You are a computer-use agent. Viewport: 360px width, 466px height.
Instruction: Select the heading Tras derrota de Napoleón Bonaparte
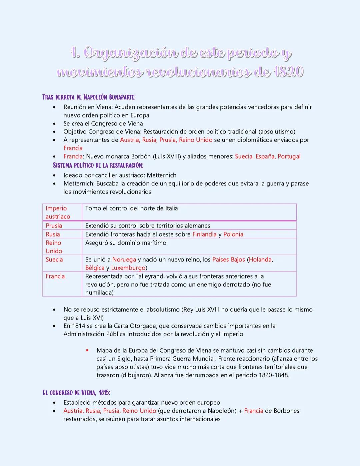pos(89,97)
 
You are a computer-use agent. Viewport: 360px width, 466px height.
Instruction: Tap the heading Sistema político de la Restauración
pos(98,165)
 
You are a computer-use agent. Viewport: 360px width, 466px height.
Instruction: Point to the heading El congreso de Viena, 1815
pos(76,393)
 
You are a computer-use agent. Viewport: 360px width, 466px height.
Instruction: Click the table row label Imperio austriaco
pos(58,212)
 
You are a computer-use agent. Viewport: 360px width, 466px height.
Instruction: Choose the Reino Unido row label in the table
pos(54,247)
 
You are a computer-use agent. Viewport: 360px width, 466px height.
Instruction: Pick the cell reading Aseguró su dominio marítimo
pos(126,243)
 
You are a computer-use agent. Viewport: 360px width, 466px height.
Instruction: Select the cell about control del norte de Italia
pos(131,208)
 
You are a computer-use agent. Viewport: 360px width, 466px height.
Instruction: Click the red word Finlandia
pos(204,234)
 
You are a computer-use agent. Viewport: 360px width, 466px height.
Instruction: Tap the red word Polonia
pos(233,234)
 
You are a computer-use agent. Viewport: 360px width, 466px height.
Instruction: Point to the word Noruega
pos(124,260)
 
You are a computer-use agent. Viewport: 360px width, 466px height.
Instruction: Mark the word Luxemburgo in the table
pos(128,268)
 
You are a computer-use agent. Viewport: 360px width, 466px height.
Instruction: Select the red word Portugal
pos(289,156)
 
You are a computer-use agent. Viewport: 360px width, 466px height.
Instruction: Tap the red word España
pos(265,156)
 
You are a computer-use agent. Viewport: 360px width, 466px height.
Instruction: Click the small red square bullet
pos(87,350)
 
